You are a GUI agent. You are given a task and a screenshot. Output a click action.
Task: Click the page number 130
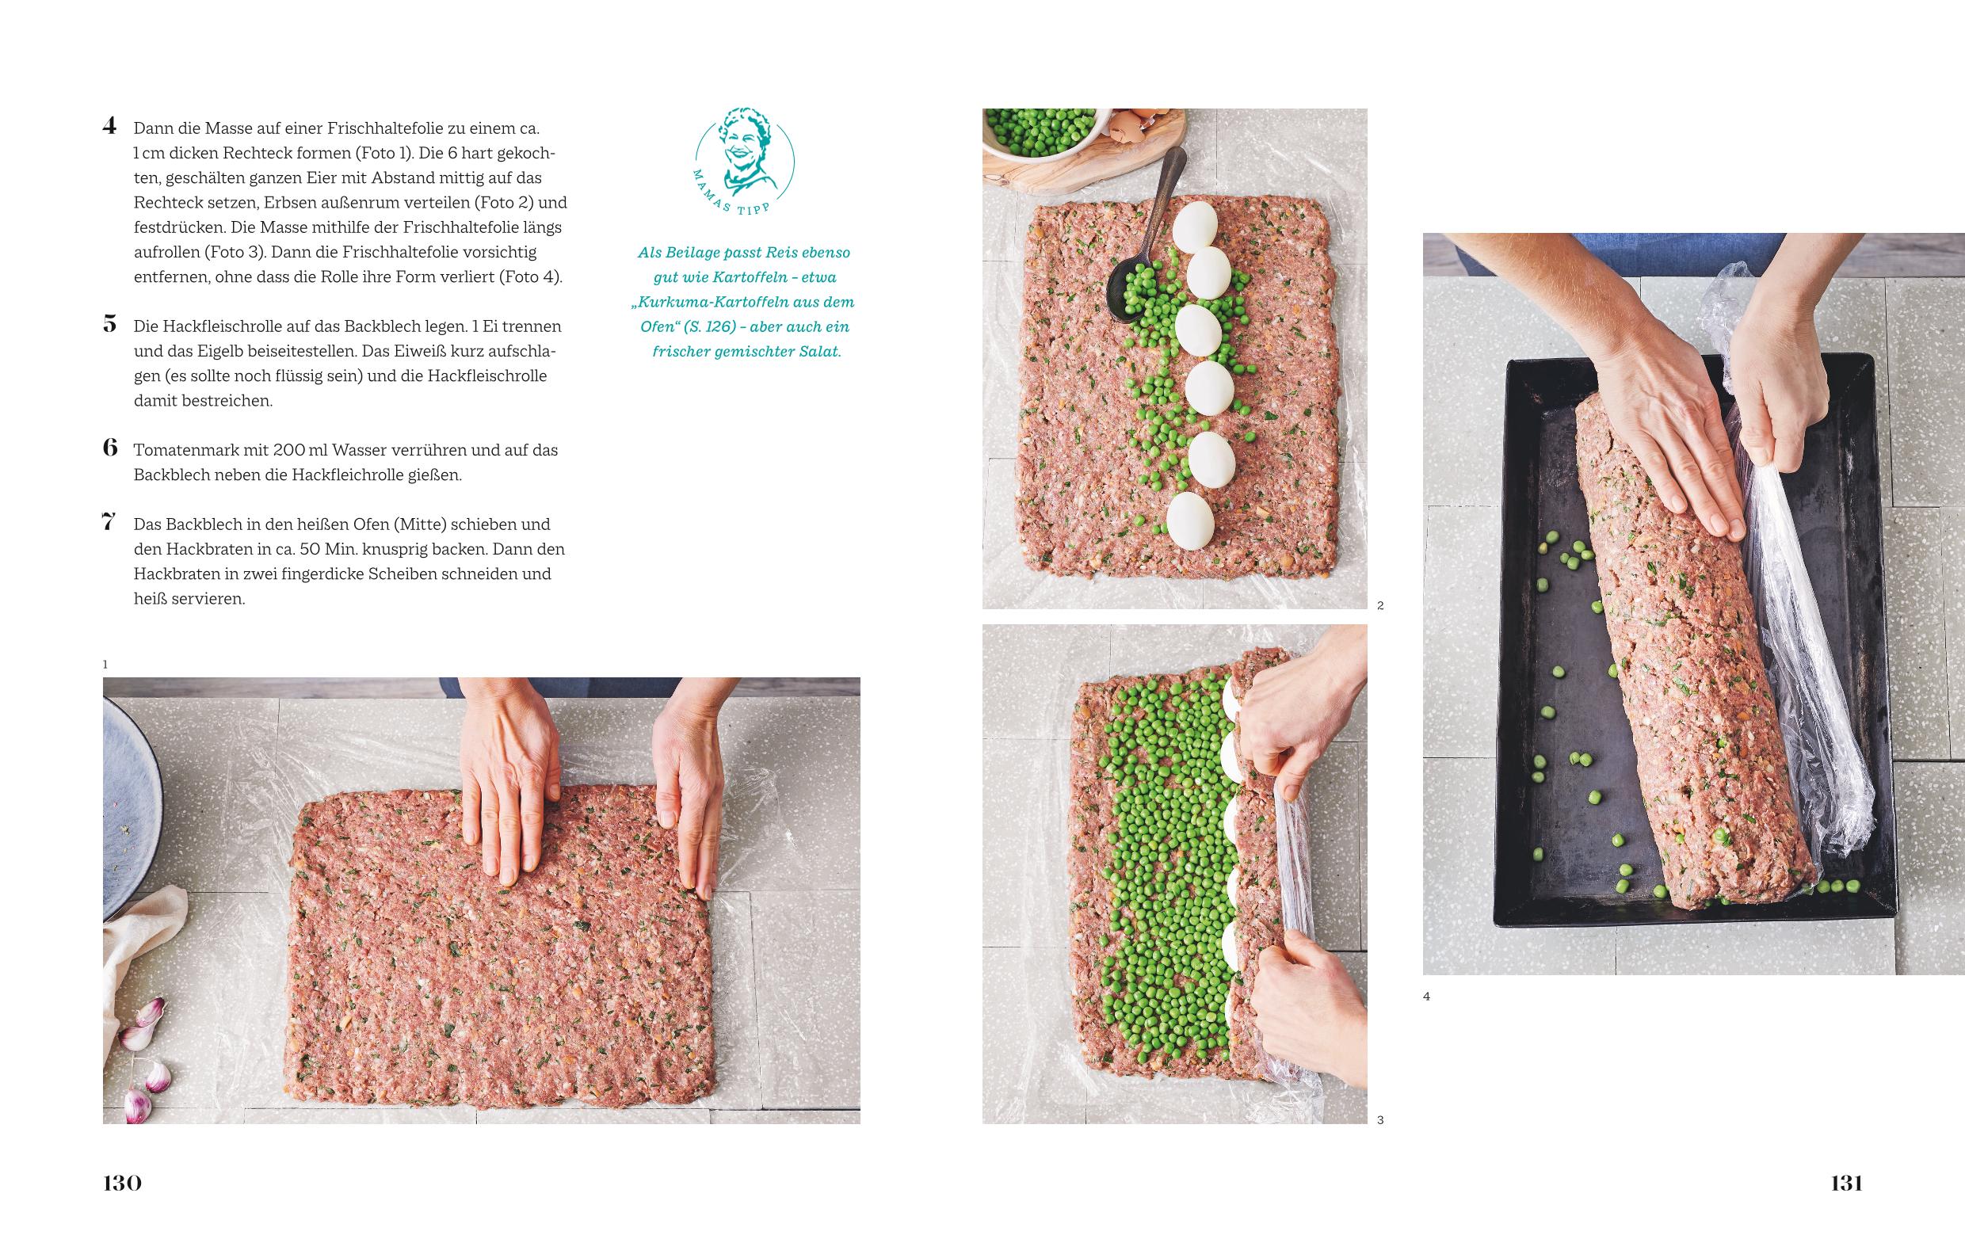(122, 1183)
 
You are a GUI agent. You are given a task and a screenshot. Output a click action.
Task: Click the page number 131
(1847, 1183)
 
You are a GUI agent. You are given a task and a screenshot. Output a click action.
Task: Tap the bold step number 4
(109, 127)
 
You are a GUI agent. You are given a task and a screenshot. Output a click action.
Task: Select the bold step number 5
(110, 325)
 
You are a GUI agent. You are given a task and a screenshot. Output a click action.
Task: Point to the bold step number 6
(110, 448)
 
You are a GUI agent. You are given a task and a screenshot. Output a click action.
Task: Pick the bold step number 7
(109, 523)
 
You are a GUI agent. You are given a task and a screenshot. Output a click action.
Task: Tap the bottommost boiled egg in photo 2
(1191, 520)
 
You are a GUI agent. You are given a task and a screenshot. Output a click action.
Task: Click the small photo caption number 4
(1426, 996)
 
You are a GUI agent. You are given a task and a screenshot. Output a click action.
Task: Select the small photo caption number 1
(105, 665)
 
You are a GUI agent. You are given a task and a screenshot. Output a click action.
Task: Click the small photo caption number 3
(1380, 1120)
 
